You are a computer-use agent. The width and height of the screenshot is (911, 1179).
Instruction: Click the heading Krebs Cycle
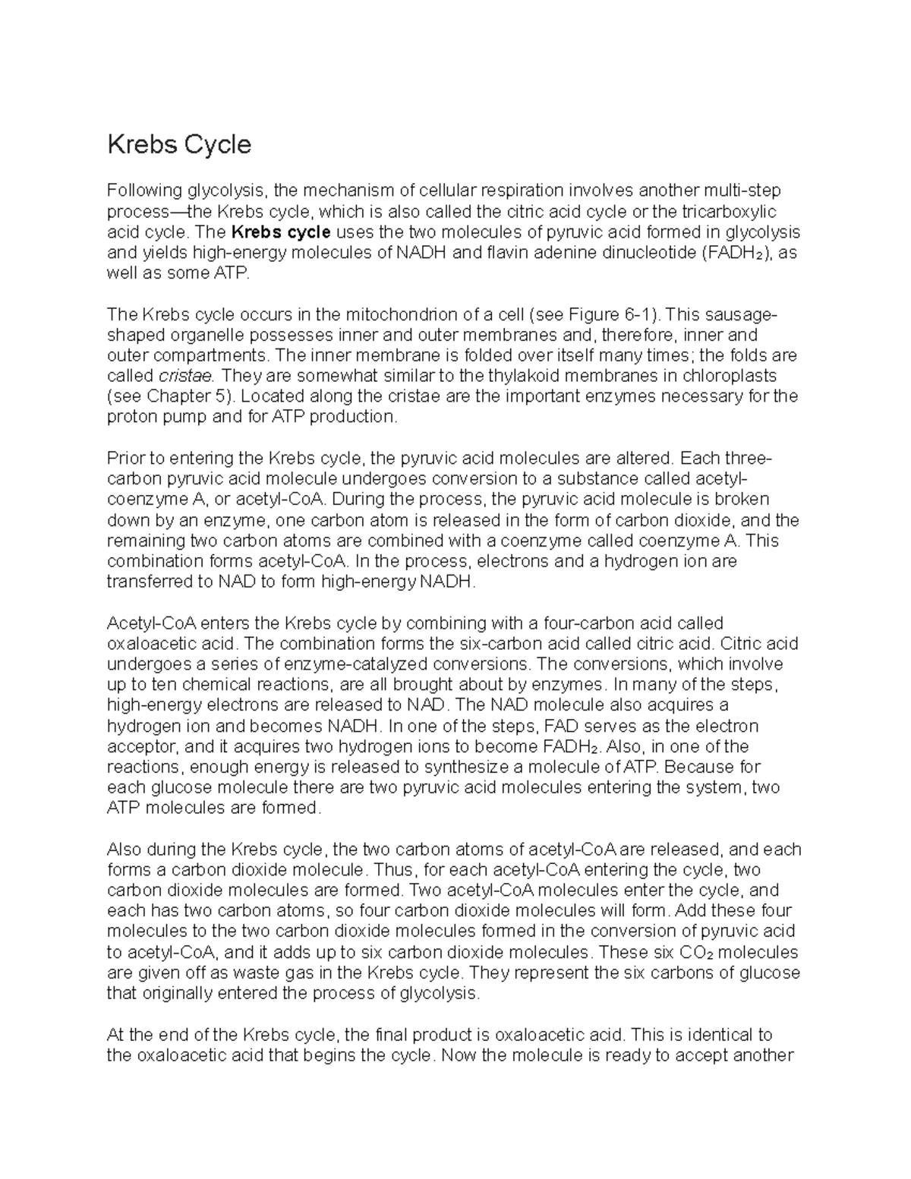pos(179,144)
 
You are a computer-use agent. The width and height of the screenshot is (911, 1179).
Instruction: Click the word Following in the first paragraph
pos(144,191)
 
